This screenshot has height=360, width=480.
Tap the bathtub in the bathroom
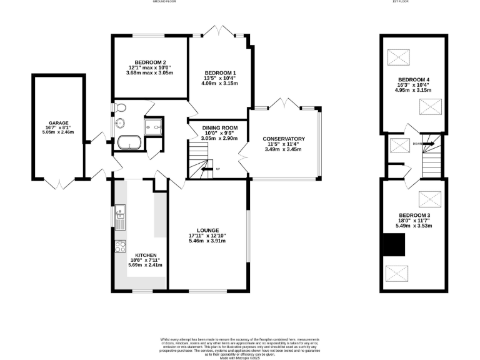coord(129,141)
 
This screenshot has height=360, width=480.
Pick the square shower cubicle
coord(152,127)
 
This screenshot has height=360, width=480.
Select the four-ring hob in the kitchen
coord(120,246)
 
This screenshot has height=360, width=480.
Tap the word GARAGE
coord(59,123)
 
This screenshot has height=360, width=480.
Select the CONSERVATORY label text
coord(283,139)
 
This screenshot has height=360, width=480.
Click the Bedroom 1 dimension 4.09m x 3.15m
coord(219,83)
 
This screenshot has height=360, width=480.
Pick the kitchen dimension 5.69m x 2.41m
coord(146,265)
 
